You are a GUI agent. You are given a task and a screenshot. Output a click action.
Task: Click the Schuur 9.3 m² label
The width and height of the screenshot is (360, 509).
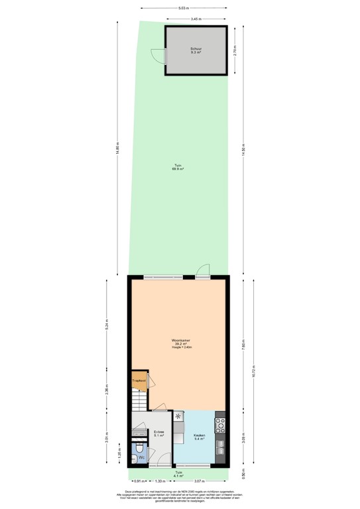click(196, 52)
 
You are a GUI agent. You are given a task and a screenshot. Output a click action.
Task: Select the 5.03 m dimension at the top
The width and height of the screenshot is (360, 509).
click(181, 8)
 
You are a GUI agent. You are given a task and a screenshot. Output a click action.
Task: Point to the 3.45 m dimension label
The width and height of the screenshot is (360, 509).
click(196, 19)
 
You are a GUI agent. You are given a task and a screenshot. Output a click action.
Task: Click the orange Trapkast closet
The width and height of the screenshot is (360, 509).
click(139, 380)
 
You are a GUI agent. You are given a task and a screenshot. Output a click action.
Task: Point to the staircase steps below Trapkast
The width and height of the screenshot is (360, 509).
click(139, 400)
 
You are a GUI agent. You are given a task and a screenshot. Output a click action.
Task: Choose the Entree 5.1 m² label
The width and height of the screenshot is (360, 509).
click(159, 434)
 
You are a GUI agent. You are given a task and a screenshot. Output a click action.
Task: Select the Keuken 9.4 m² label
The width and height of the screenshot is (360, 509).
click(199, 437)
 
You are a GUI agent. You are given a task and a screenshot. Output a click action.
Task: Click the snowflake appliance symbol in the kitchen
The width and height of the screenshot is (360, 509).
click(178, 416)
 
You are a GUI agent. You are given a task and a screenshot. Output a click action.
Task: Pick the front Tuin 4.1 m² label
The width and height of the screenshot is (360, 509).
click(178, 475)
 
